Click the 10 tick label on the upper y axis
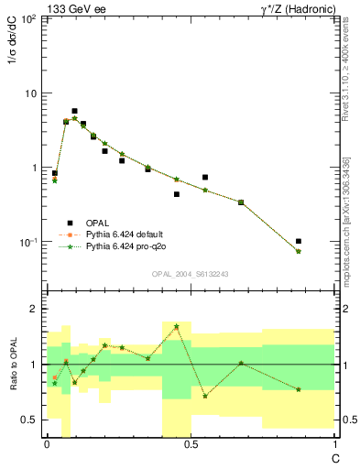(x=30, y=93)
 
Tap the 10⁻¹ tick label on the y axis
(x=27, y=242)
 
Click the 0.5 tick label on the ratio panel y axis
(x=30, y=420)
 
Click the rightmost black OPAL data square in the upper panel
(x=299, y=242)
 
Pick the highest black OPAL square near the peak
(x=74, y=111)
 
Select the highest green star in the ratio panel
(x=176, y=326)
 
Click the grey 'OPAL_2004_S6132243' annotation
(x=190, y=274)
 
